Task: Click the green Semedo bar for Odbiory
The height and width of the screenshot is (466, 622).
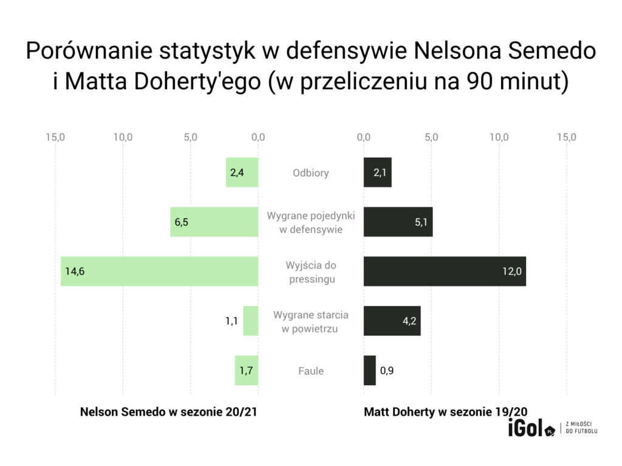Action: point(242,172)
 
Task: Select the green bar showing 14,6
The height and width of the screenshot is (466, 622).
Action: point(159,271)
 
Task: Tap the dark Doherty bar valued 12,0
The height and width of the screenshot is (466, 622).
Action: point(445,271)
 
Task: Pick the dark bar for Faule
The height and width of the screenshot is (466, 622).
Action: point(370,370)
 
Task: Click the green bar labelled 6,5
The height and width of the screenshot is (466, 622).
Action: point(214,222)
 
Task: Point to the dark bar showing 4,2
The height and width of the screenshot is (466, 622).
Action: point(392,320)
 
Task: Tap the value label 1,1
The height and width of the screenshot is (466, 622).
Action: point(231,321)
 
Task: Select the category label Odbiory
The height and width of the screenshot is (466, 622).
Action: point(310,173)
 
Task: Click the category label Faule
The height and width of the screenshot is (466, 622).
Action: point(310,371)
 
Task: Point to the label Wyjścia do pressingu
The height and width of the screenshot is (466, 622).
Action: point(310,272)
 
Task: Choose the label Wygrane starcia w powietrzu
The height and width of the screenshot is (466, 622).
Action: point(310,322)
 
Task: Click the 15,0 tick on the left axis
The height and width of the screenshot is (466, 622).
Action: point(55,137)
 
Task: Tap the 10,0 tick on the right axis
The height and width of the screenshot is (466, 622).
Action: point(500,137)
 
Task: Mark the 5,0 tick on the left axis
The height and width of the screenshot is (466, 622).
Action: point(190,137)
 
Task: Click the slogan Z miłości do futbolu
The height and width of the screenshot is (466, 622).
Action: point(581,427)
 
